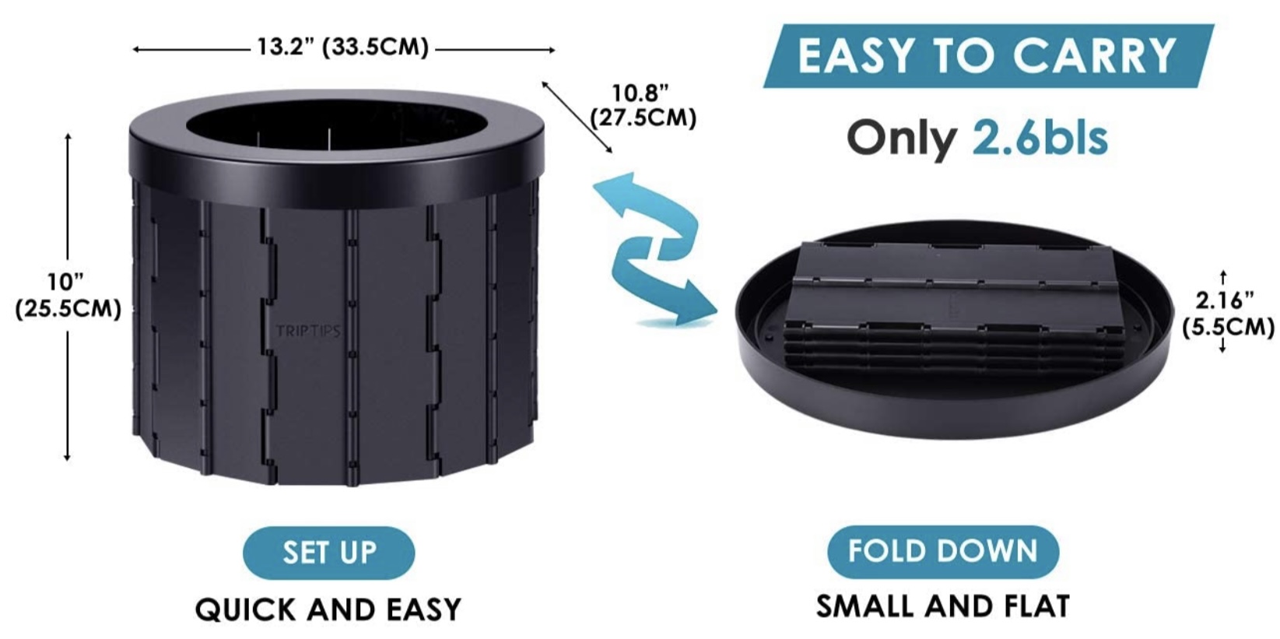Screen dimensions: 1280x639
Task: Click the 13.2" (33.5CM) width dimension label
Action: coord(342,47)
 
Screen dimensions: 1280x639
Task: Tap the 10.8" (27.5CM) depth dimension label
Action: coord(643,106)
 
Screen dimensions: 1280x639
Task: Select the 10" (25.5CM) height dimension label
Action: coord(68,296)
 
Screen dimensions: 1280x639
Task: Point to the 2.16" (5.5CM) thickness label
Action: coord(1227,314)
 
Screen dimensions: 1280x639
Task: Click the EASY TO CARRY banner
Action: coord(988,55)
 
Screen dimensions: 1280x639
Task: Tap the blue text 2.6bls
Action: coord(1040,138)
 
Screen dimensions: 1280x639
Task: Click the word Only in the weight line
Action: coord(902,139)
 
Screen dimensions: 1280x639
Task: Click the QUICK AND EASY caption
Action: coord(328,609)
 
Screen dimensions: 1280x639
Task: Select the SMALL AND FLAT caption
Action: coord(943,606)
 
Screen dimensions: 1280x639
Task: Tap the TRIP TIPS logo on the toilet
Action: coord(308,331)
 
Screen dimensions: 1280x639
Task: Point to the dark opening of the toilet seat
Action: coord(337,126)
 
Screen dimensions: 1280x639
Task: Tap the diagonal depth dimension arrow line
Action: coord(577,118)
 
